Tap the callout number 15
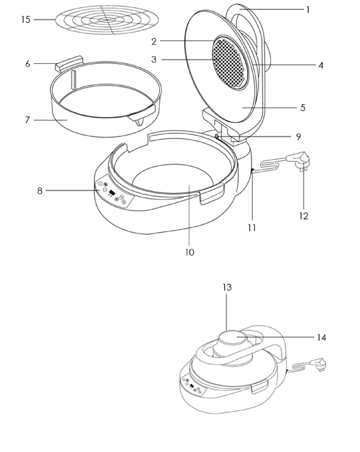tap(25, 19)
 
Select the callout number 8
tap(40, 191)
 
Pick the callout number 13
tap(227, 287)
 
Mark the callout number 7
tap(28, 120)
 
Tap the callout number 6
tap(28, 63)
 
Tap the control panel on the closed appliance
tap(193, 387)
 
